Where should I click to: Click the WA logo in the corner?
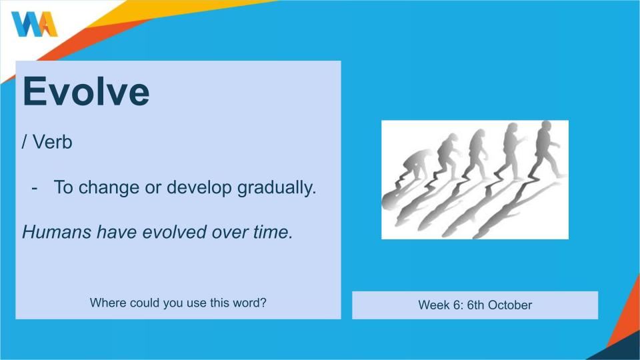(35, 24)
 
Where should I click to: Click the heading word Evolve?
(86, 91)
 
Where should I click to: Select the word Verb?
(52, 142)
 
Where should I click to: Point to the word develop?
(199, 188)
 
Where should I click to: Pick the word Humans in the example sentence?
(57, 232)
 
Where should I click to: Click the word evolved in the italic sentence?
(174, 232)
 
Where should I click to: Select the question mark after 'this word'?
(263, 303)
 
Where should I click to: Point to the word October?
(510, 305)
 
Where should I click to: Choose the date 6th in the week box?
(475, 305)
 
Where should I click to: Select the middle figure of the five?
(477, 154)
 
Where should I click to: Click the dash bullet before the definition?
(34, 188)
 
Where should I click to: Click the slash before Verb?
(25, 142)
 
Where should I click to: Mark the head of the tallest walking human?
(546, 126)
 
